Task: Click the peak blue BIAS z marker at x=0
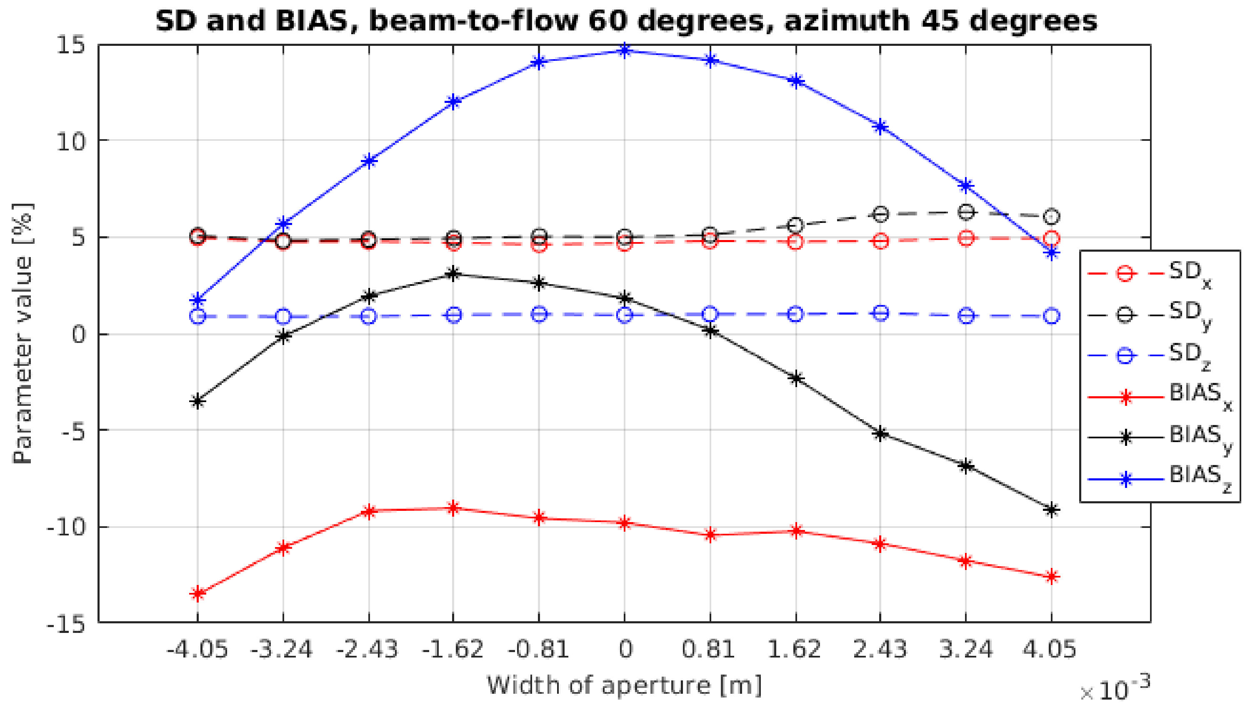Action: tap(625, 50)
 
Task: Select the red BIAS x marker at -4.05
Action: tap(197, 593)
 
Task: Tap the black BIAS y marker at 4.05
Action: tap(1052, 510)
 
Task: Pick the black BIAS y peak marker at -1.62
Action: tap(453, 274)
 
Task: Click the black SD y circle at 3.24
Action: tap(966, 212)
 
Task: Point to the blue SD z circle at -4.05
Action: tap(197, 317)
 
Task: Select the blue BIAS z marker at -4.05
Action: tap(197, 300)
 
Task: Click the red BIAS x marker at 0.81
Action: tap(710, 535)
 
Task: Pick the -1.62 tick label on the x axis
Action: tap(453, 650)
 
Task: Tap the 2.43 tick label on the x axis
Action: tap(880, 650)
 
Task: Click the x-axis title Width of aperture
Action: tap(624, 685)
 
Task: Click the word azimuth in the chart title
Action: tap(846, 21)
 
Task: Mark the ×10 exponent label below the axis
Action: tap(1114, 690)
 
